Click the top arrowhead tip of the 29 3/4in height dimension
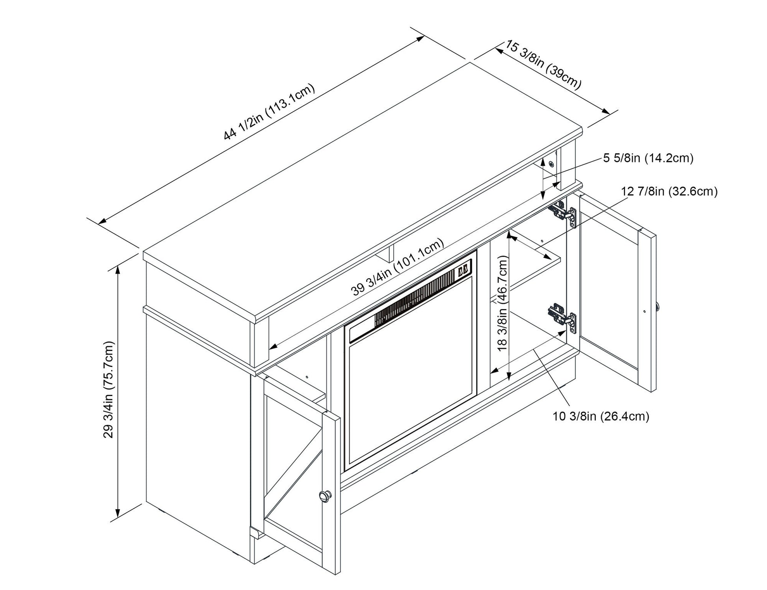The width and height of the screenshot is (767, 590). point(117,266)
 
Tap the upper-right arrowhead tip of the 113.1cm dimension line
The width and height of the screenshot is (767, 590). point(424,37)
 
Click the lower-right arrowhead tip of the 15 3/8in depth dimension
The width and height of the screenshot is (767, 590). point(610,114)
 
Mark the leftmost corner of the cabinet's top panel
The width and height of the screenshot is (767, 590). point(143,252)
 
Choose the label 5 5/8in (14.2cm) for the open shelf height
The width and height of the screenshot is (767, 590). point(648,158)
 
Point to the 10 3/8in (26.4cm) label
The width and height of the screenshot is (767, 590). point(601,416)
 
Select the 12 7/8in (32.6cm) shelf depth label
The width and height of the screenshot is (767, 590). point(669,192)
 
